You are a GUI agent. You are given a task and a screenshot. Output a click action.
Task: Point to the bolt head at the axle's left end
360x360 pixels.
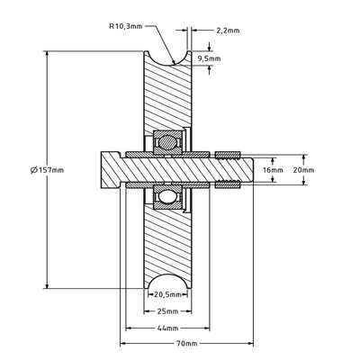click(107, 169)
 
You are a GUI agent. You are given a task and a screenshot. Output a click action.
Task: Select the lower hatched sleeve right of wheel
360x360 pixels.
click(227, 185)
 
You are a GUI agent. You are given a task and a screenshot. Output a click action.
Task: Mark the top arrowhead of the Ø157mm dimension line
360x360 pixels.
click(46, 53)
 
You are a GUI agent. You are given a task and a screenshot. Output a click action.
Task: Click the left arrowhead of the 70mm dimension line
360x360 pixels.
click(123, 346)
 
